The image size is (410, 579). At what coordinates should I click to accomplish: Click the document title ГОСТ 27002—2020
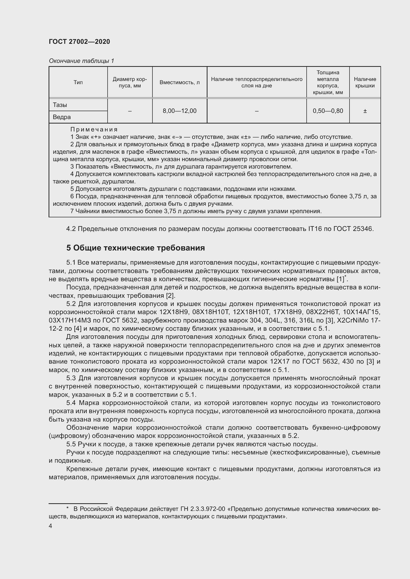click(79, 42)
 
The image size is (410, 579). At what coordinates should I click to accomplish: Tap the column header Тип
click(78, 82)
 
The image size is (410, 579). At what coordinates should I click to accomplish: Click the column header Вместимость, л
click(179, 82)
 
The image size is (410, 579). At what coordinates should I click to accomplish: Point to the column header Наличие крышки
click(365, 82)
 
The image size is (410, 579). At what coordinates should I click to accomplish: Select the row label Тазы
click(60, 105)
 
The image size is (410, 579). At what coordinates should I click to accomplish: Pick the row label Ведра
click(62, 117)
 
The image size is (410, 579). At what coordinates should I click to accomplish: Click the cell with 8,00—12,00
click(179, 111)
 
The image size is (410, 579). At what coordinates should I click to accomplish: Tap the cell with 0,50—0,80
click(328, 111)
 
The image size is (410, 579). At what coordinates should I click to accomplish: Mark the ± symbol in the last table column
click(365, 111)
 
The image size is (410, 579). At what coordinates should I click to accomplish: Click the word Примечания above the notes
click(94, 130)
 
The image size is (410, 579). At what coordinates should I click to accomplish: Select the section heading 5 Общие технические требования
click(135, 248)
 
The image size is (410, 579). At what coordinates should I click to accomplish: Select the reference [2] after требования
click(170, 296)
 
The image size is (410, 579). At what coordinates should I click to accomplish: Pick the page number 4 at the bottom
click(51, 526)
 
